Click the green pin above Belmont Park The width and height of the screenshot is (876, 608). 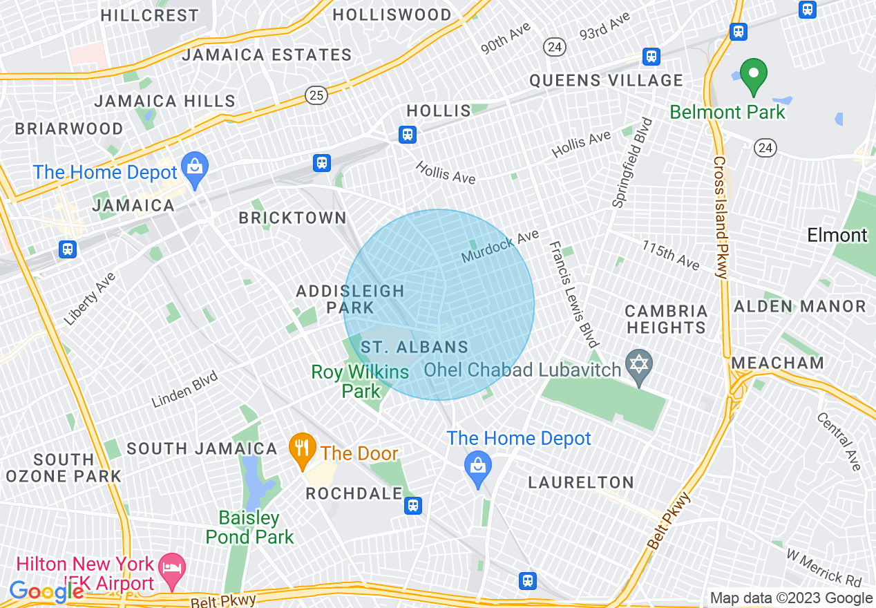coord(754,76)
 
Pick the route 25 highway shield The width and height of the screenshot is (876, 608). coord(316,96)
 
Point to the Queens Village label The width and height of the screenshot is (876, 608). coord(606,81)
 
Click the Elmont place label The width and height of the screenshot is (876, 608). coord(837,236)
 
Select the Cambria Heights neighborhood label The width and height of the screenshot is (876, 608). coord(666,319)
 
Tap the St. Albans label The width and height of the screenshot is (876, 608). coord(415,348)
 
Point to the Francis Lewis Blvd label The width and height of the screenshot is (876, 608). coord(573,294)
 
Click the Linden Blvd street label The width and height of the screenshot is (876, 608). coord(185,390)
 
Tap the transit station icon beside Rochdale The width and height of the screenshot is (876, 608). coord(413,505)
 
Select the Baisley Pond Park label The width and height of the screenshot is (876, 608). coord(249,527)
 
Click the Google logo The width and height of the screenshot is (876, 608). coord(46,592)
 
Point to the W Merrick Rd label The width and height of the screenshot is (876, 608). coord(824,566)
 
